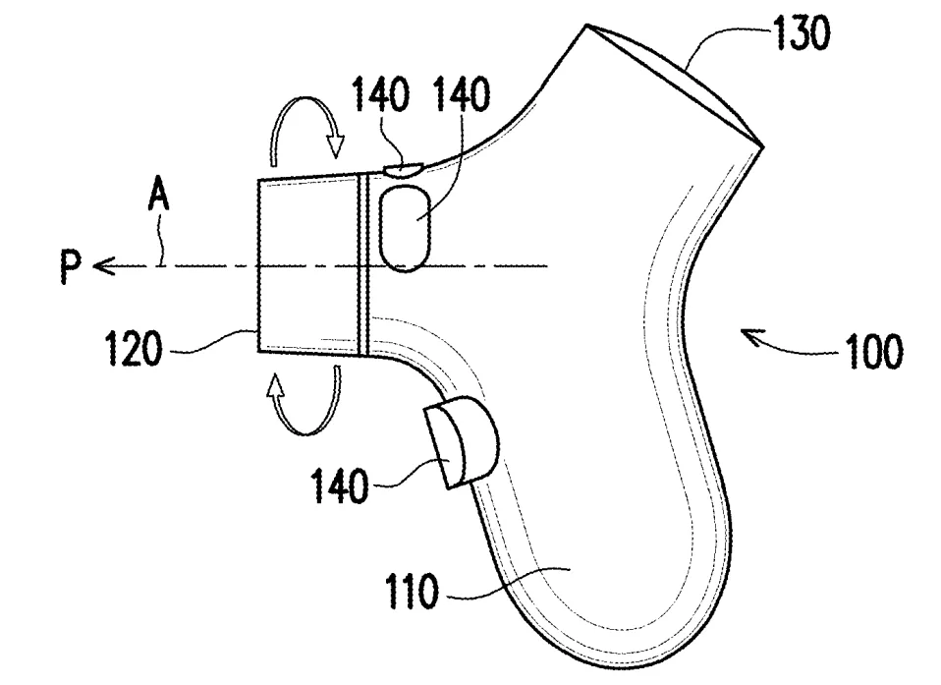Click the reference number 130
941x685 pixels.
[x=802, y=33]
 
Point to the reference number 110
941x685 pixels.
[x=412, y=591]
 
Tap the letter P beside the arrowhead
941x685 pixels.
[x=70, y=266]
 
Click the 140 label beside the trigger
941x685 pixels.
[x=339, y=485]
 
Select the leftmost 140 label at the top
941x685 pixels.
[x=380, y=94]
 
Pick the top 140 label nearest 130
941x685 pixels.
[x=462, y=94]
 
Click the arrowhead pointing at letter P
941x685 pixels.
[x=103, y=266]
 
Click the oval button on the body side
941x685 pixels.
[x=405, y=228]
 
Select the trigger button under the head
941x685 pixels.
[x=462, y=441]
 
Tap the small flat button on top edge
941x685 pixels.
[x=404, y=170]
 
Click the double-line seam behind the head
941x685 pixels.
[x=361, y=264]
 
